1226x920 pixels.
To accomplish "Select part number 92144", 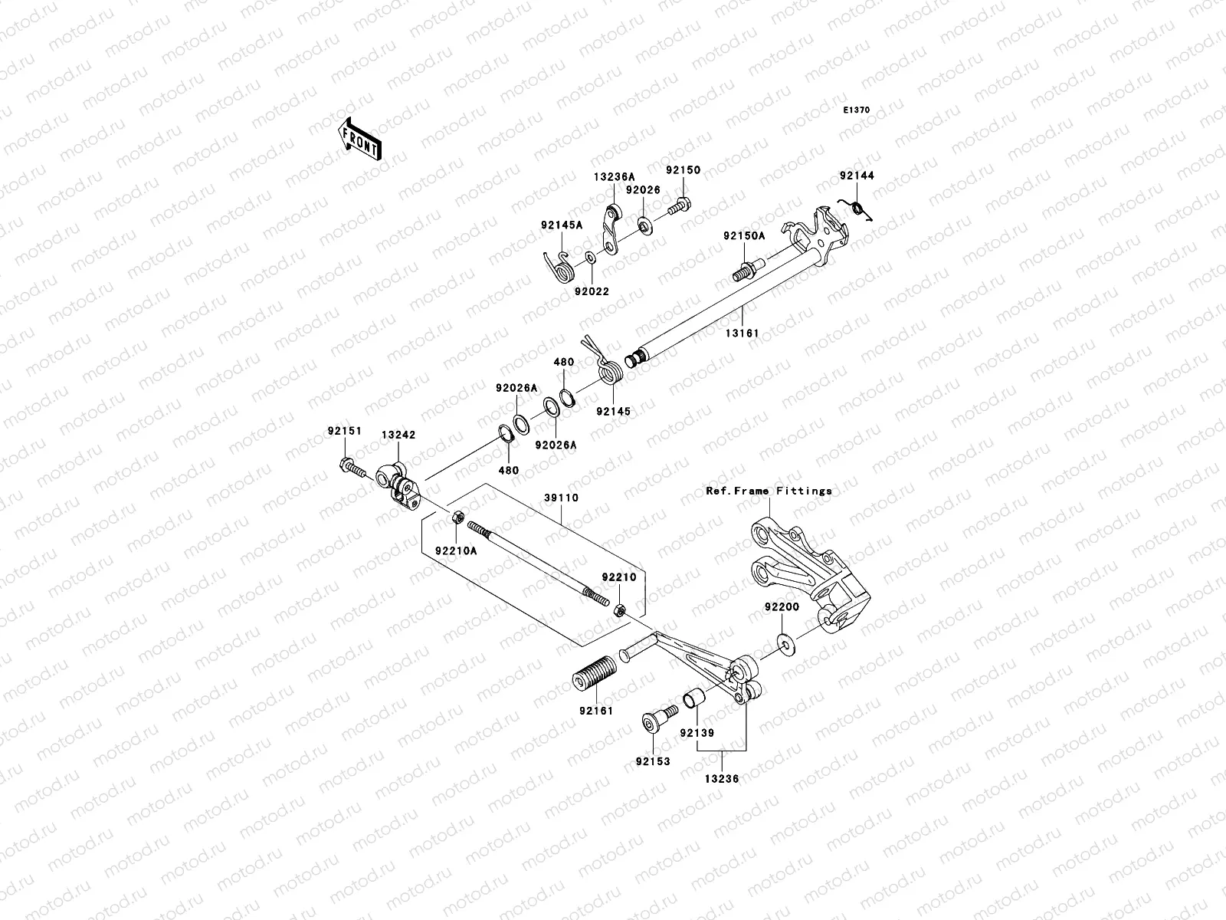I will click(856, 176).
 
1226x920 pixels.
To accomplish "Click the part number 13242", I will click(398, 435).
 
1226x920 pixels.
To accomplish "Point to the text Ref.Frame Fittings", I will click(769, 491).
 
